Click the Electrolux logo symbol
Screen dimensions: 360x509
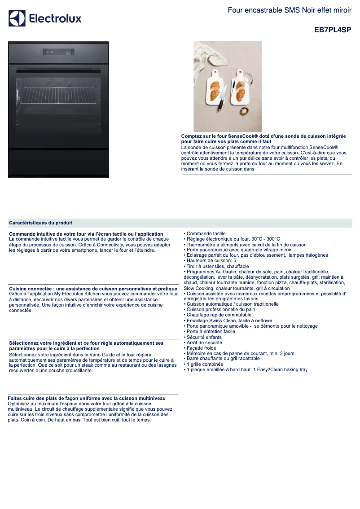pyautogui.click(x=17, y=18)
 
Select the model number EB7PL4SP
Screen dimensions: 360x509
pyautogui.click(x=333, y=30)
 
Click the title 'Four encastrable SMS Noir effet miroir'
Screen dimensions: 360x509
pyautogui.click(x=290, y=10)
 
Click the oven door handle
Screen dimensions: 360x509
pyautogui.click(x=58, y=70)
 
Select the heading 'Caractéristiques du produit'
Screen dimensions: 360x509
pyautogui.click(x=41, y=223)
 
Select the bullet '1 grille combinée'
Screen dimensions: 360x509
pyautogui.click(x=205, y=364)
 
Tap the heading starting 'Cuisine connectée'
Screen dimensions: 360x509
pyautogui.click(x=93, y=289)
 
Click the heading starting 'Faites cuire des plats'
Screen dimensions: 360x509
pyautogui.click(x=87, y=398)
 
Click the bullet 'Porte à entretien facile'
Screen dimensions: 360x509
pyautogui.click(x=211, y=332)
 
